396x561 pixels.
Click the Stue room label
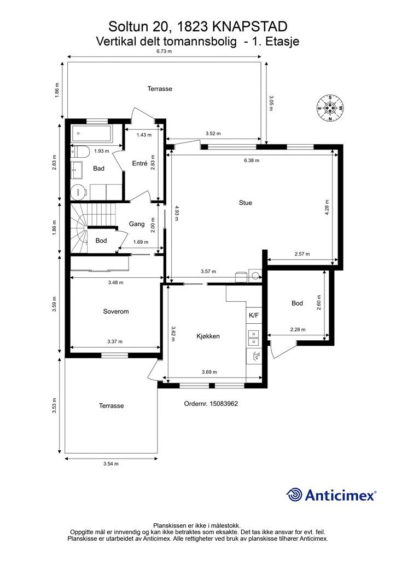(246, 203)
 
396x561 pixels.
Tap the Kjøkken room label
(208, 336)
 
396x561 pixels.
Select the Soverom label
(116, 311)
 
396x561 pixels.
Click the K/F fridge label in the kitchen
(254, 315)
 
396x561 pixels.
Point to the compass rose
(330, 108)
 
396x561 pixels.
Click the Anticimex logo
(331, 495)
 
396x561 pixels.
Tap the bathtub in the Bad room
(92, 134)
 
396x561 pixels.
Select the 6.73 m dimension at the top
(164, 51)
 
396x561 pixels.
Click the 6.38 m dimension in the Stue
(252, 161)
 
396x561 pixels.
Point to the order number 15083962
(211, 404)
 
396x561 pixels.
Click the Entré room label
(139, 163)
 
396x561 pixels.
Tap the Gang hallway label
(137, 224)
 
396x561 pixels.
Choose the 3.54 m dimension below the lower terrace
(110, 463)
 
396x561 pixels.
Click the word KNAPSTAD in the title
(249, 26)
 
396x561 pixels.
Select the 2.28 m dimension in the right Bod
(298, 329)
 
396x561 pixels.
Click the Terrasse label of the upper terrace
(160, 88)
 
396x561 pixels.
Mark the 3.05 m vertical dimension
(271, 102)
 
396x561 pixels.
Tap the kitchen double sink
(254, 337)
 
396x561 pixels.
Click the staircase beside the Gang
(94, 228)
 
